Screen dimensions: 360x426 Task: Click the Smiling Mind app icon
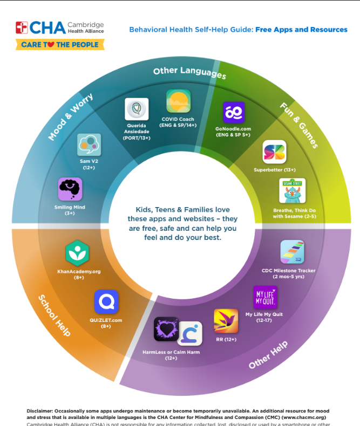point(70,189)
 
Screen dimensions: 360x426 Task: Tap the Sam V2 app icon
point(89,145)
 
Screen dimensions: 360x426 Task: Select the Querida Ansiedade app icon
point(137,109)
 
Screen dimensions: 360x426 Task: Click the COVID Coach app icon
point(178,101)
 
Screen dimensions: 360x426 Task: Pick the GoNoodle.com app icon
point(234,113)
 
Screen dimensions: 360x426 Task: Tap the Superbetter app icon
point(274,152)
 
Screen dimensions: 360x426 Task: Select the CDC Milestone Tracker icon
point(292,252)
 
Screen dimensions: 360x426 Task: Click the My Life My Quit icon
point(265,297)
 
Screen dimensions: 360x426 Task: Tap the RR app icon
point(226,321)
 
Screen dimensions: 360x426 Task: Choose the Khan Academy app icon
point(77,253)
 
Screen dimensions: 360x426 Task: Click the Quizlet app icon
point(106,302)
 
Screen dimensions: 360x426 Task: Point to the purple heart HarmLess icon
point(166,329)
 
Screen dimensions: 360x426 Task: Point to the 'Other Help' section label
point(268,355)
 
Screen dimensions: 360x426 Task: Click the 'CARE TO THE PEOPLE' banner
point(59,44)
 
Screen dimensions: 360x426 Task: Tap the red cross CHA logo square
point(22,28)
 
